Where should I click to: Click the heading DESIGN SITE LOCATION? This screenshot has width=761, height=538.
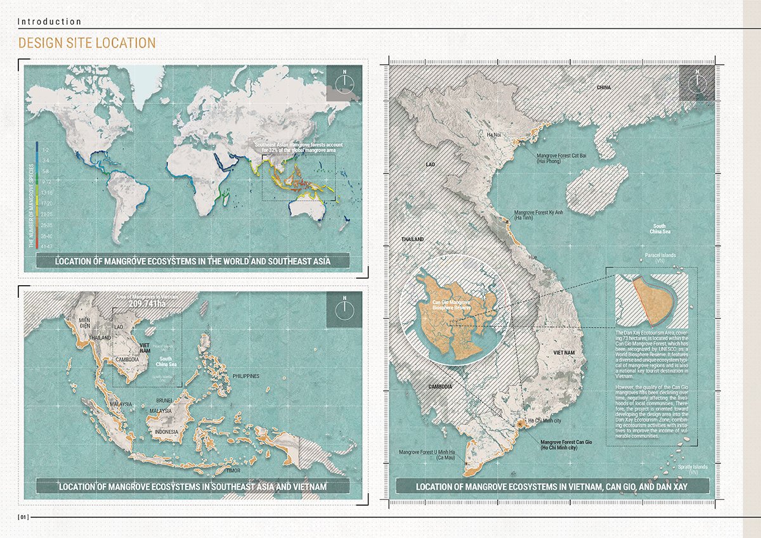click(x=87, y=43)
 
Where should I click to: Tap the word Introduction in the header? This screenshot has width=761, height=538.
click(x=49, y=22)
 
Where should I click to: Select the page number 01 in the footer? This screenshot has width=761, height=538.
click(x=23, y=518)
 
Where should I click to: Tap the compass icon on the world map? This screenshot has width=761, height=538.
click(x=344, y=83)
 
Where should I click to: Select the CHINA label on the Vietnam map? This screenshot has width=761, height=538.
click(x=603, y=87)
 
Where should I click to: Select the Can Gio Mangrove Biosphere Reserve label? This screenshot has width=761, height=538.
click(x=451, y=307)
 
